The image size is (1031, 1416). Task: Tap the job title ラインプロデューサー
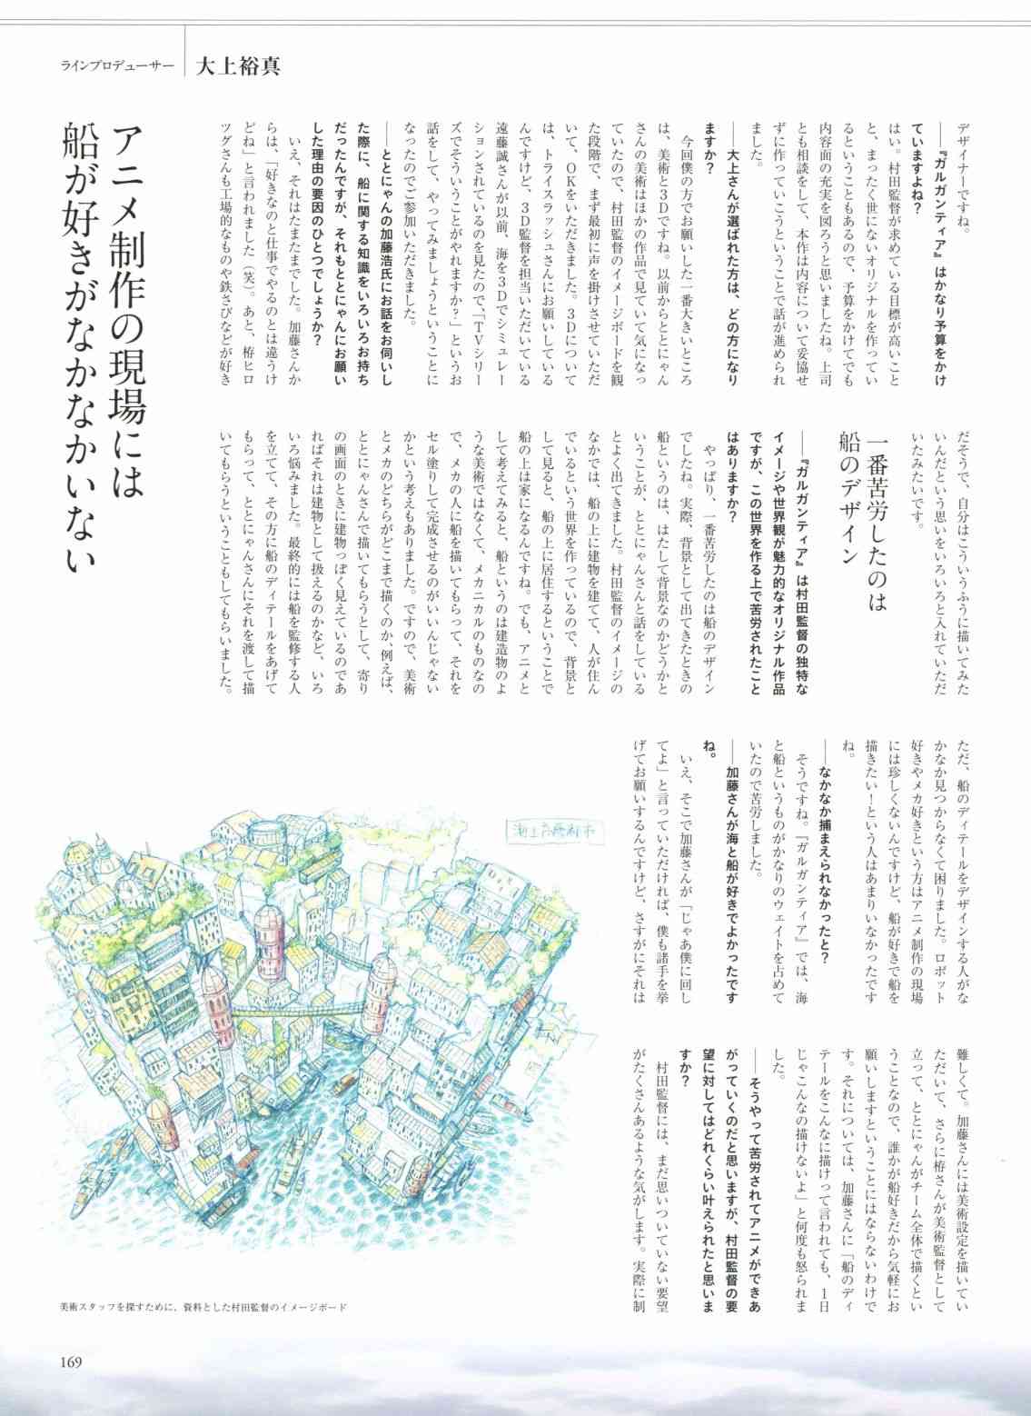coord(117,66)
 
